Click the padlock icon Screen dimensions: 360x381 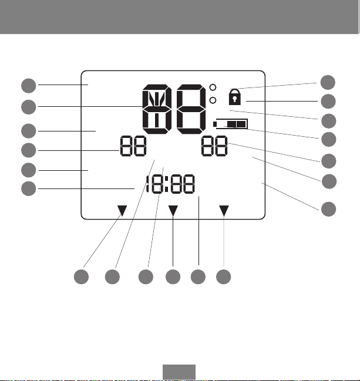tap(234, 97)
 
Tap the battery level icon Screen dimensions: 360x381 tap(230, 124)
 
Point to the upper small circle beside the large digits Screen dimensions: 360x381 tap(213, 87)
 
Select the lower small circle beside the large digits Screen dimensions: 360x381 tap(213, 100)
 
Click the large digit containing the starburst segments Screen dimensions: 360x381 tap(157, 109)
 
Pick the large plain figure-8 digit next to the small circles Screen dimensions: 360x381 tap(191, 109)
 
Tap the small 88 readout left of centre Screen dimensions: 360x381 tap(133, 146)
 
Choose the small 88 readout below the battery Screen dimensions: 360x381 tap(214, 146)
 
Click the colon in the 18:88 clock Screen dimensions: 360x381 tap(167, 184)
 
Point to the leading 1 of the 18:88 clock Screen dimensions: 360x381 tap(147, 184)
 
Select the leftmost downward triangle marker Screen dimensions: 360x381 tap(122, 211)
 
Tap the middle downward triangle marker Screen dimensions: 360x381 tap(173, 211)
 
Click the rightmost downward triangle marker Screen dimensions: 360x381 tap(224, 211)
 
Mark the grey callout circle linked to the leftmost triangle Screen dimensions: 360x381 tap(81, 277)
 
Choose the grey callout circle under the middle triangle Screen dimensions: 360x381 tap(173, 277)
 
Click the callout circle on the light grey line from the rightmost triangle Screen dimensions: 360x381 tap(223, 277)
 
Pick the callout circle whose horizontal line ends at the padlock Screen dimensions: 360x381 tap(328, 102)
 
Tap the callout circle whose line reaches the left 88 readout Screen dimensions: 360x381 tap(29, 150)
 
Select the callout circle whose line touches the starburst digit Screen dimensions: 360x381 tap(29, 107)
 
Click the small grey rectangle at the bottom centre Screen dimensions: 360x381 tap(179, 372)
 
